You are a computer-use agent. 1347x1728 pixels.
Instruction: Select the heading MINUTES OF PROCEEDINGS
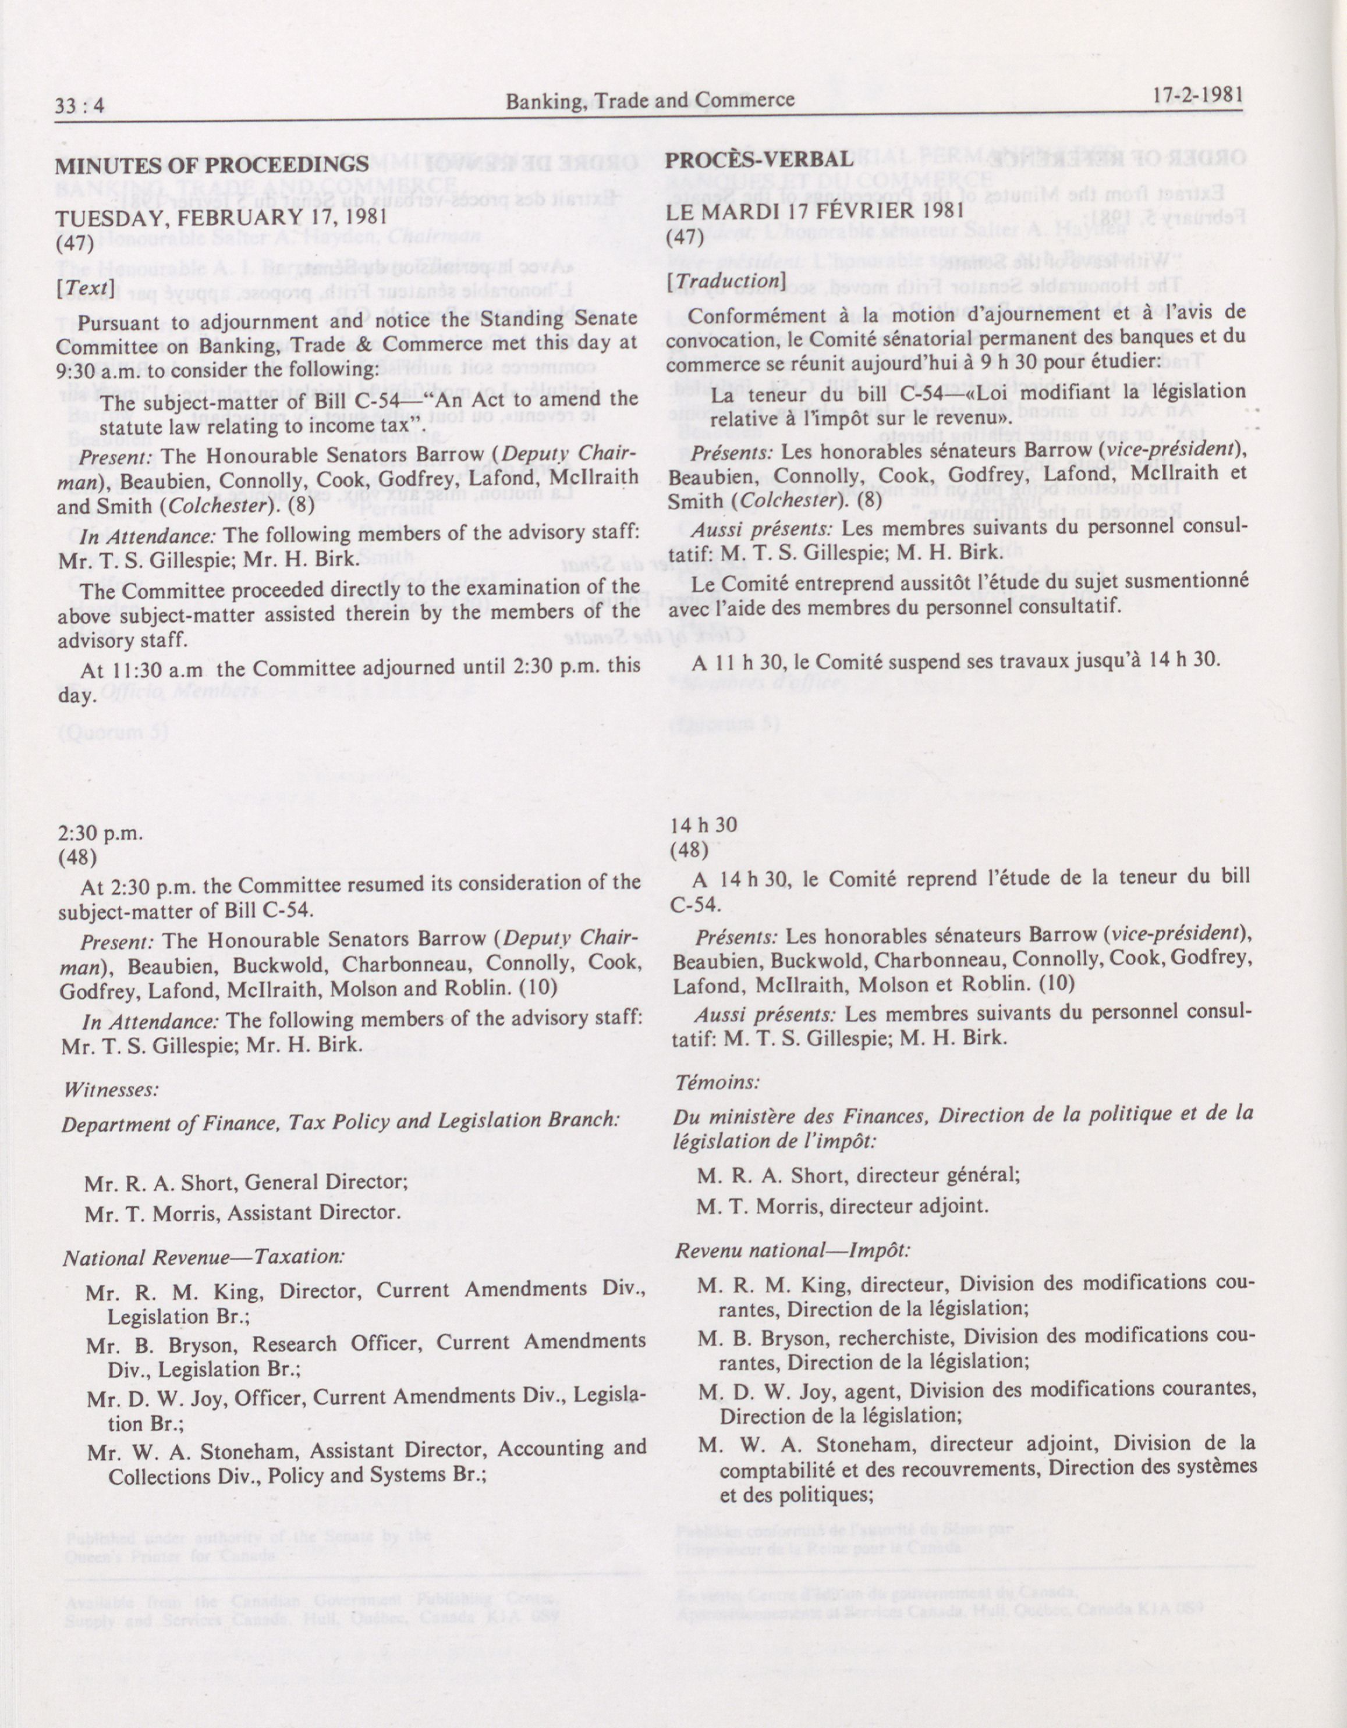point(212,165)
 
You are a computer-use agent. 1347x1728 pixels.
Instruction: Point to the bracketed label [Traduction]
point(725,280)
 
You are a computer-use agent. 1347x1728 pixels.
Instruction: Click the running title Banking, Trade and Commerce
point(650,101)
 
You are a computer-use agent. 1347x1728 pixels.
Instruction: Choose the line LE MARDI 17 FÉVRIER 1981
point(814,211)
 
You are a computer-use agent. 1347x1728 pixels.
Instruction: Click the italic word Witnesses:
point(111,1089)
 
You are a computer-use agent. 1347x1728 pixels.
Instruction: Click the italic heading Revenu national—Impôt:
point(792,1250)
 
